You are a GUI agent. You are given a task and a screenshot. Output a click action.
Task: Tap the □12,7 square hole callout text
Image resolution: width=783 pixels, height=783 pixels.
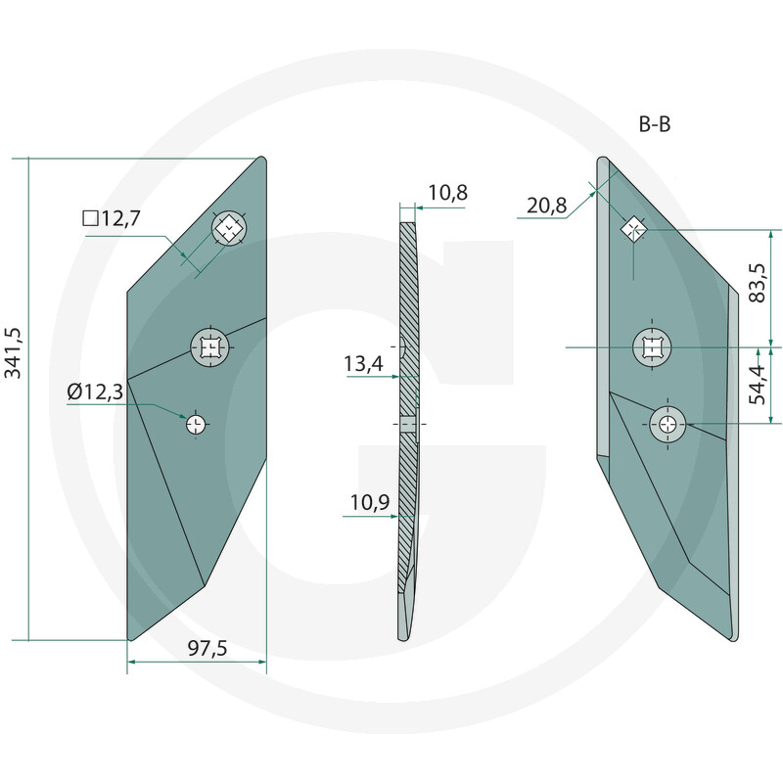pos(112,219)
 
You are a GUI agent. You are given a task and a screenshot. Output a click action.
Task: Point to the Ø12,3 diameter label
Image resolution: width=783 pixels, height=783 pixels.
pos(95,391)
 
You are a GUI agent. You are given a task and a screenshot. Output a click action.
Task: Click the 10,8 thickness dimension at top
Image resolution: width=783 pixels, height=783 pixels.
pos(447,193)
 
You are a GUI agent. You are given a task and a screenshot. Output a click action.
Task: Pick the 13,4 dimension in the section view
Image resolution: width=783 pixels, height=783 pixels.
pos(363,365)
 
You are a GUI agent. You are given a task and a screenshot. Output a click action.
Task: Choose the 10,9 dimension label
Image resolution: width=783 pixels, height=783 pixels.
pos(368,503)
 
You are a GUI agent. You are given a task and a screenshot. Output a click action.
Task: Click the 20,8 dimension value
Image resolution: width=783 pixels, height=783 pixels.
pos(546,206)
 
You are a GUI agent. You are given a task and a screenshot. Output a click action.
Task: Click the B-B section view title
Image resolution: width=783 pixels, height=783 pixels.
pos(652,124)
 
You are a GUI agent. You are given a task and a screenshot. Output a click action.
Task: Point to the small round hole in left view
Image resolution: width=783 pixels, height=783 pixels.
pos(196,423)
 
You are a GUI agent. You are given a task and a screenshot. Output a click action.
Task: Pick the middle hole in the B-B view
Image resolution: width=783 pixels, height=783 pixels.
pos(652,346)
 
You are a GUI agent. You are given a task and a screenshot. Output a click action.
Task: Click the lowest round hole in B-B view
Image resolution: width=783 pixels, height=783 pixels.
pos(668,424)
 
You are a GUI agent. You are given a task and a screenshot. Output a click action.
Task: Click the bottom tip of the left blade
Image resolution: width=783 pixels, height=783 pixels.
pos(130,640)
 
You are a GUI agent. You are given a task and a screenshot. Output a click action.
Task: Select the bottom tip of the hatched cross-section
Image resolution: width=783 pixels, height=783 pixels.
pos(402,639)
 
